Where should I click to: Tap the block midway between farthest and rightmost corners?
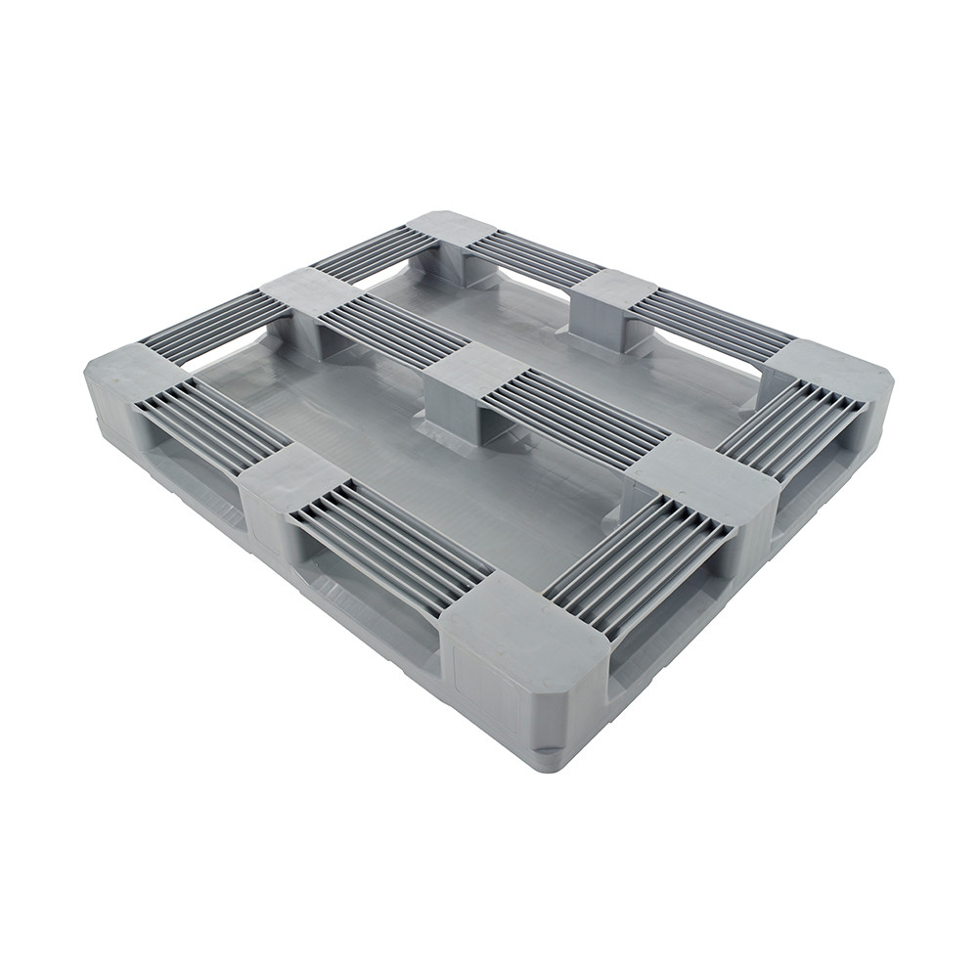611,289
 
